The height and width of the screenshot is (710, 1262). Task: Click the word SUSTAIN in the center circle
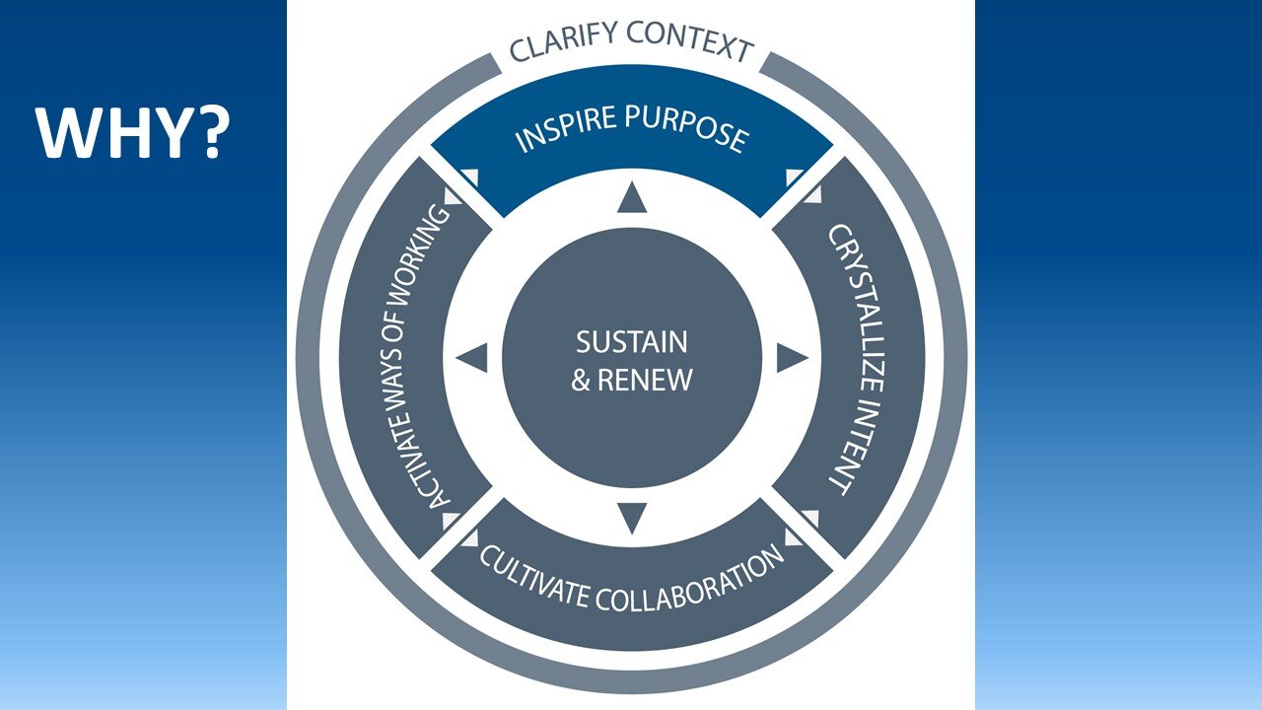[x=631, y=342]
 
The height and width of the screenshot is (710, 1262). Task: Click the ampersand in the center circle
[x=581, y=380]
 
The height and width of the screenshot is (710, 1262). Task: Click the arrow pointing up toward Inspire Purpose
[x=631, y=200]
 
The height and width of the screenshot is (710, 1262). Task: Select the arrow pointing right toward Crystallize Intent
[x=792, y=358]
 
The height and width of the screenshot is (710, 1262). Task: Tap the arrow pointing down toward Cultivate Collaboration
[x=631, y=517]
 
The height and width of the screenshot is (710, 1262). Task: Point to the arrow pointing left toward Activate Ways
[x=472, y=358]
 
